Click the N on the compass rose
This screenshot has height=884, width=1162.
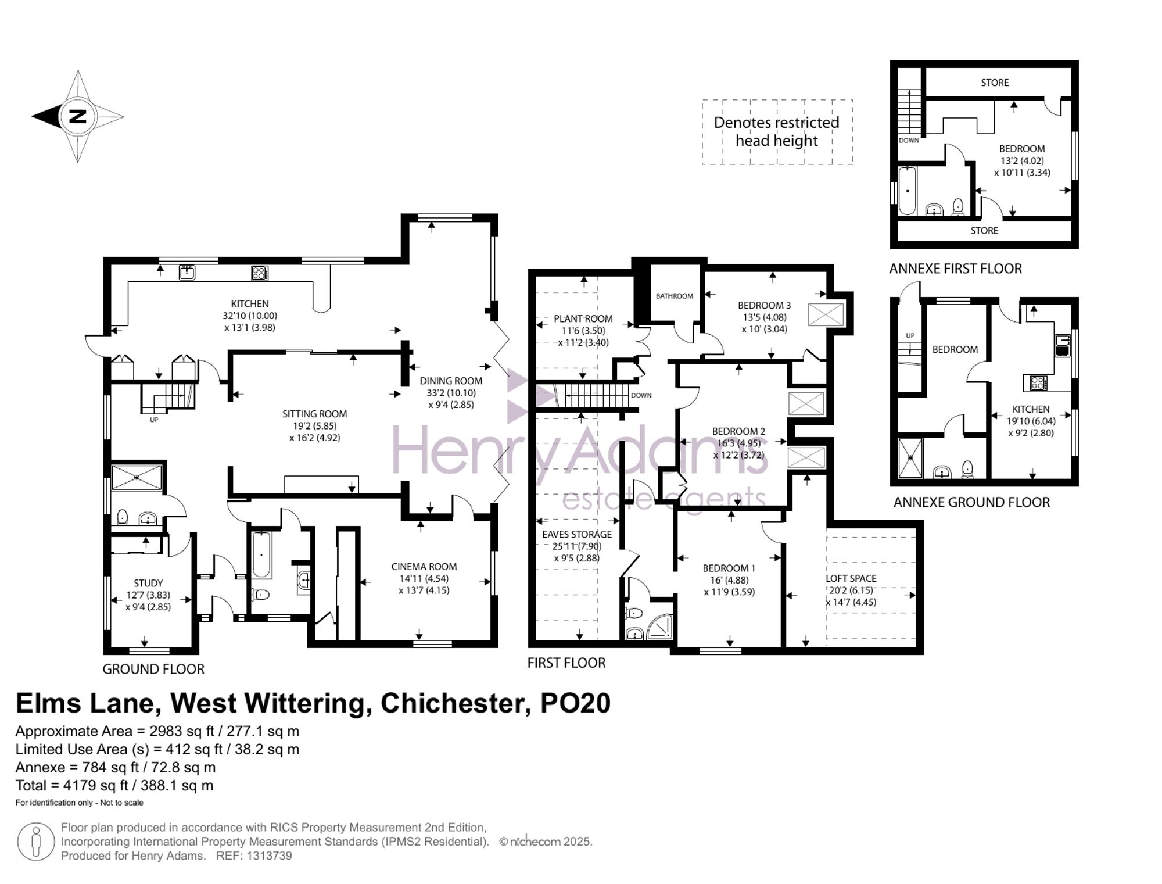pos(77,116)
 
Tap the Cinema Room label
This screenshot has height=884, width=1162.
pos(424,567)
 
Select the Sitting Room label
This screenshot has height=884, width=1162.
pos(315,414)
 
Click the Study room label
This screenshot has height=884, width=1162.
pos(148,583)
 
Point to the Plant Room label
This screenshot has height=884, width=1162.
pos(583,319)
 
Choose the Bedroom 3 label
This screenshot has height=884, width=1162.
pos(765,306)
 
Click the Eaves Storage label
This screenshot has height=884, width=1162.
pos(577,535)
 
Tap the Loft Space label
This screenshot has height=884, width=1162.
pos(851,579)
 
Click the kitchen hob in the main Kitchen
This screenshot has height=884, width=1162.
pos(260,273)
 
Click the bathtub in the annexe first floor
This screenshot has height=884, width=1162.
pos(907,191)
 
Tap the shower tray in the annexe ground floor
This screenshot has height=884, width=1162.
pos(910,458)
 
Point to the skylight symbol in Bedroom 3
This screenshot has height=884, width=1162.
pos(826,314)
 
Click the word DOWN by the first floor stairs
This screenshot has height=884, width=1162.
pos(641,395)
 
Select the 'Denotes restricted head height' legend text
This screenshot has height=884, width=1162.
pos(777,132)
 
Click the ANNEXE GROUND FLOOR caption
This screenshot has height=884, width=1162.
pos(971,503)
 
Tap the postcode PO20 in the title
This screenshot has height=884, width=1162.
pos(576,704)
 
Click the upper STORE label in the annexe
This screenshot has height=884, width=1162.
pos(995,83)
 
